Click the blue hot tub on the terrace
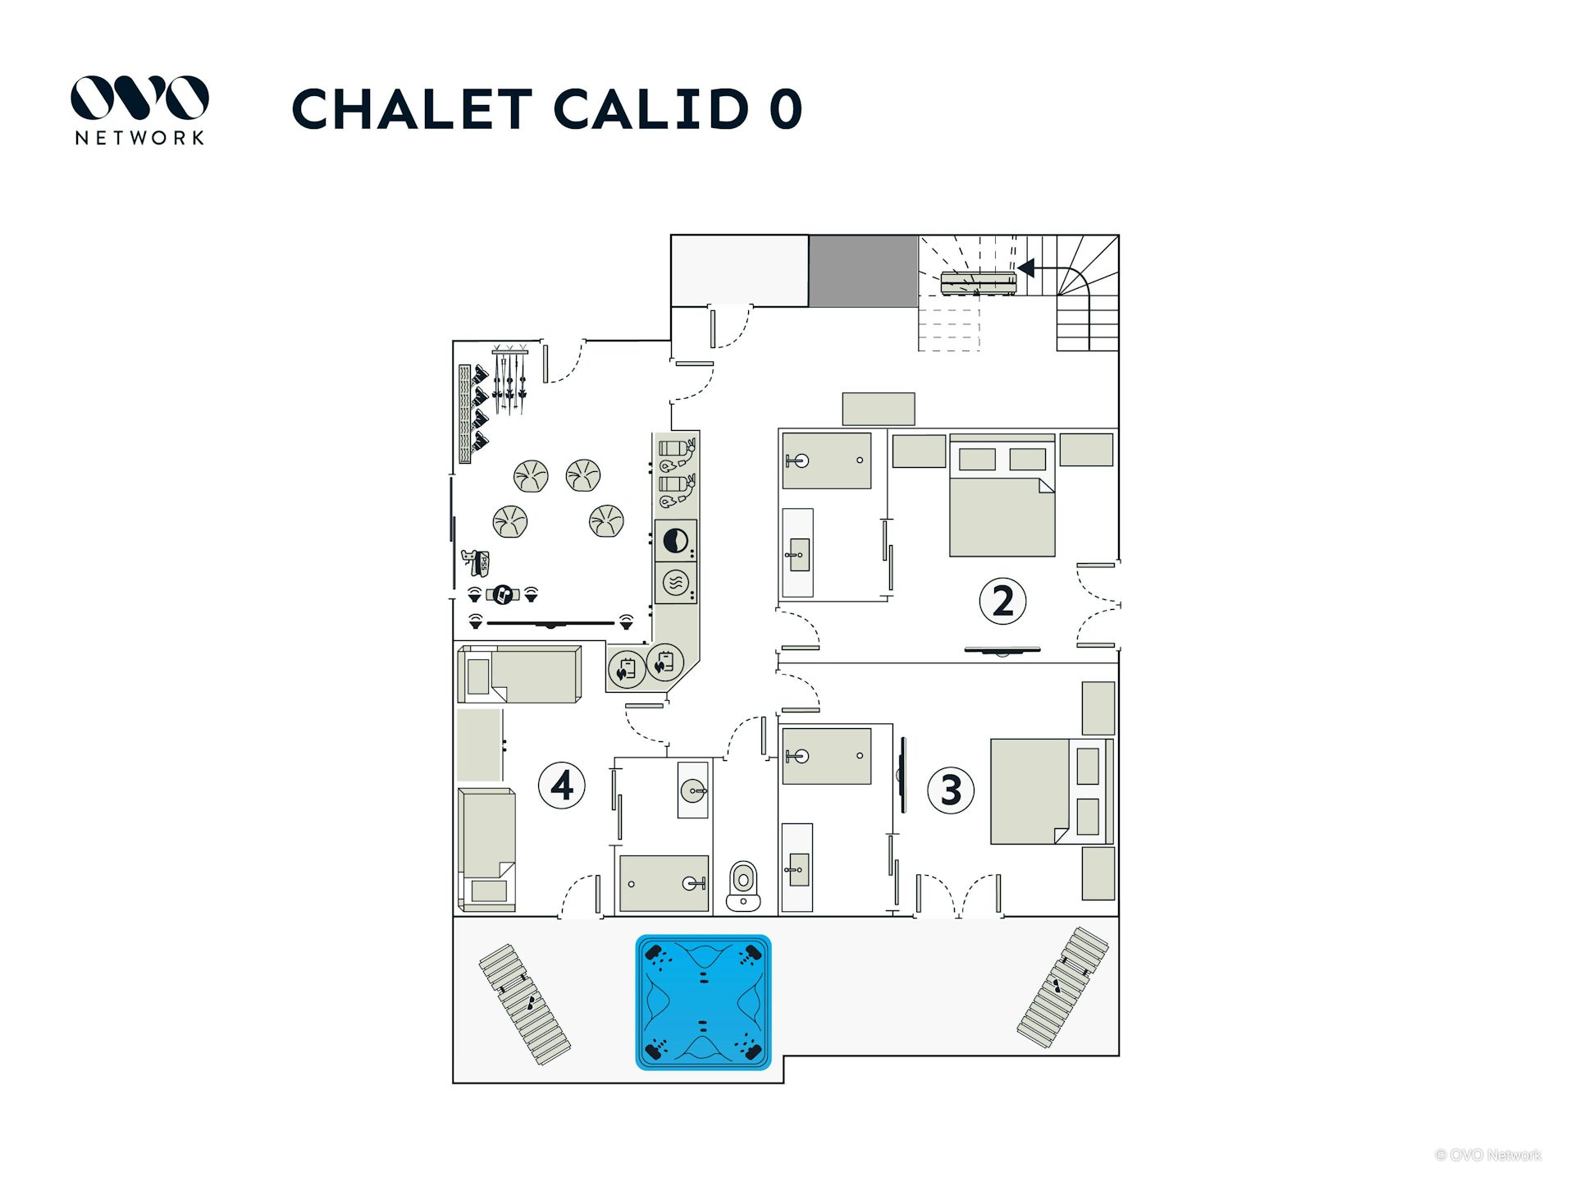point(703,1002)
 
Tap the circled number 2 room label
point(1002,602)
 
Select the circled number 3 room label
point(951,790)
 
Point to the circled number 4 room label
point(562,786)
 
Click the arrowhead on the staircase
point(1025,268)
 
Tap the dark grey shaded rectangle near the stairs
point(863,271)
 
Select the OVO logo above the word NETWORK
point(139,98)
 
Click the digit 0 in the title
point(785,109)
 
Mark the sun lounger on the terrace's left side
point(525,1004)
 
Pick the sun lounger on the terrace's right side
point(1062,987)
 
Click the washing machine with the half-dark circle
point(676,541)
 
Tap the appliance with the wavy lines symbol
point(676,583)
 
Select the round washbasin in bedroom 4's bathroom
point(693,791)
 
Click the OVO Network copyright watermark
point(1488,1155)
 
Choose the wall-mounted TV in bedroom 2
point(1002,651)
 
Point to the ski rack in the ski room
point(509,380)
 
